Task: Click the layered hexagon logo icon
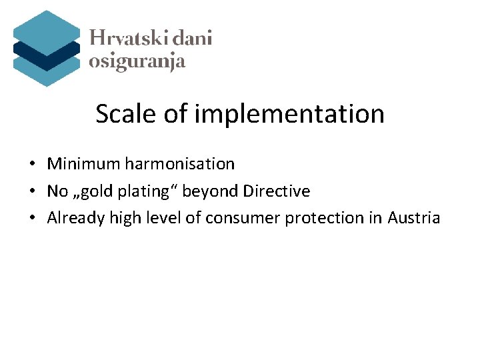click(46, 48)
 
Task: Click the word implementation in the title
click(289, 114)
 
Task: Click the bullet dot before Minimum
click(32, 164)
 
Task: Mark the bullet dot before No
click(32, 192)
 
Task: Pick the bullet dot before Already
click(32, 219)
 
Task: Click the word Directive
click(277, 191)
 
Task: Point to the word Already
click(73, 218)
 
